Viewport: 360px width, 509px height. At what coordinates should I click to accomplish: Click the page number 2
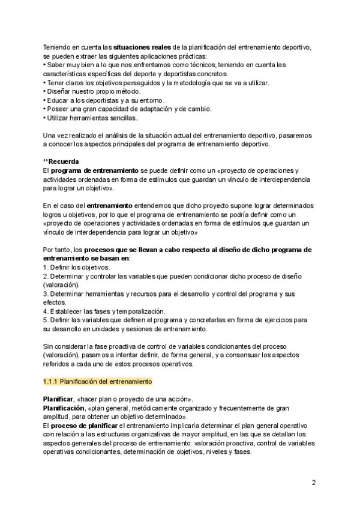pyautogui.click(x=314, y=482)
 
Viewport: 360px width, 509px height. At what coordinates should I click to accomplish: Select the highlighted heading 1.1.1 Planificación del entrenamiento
pyautogui.click(x=97, y=381)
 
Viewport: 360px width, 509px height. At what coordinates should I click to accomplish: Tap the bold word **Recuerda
pyautogui.click(x=62, y=162)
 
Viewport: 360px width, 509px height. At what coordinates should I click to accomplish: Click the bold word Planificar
pyautogui.click(x=58, y=399)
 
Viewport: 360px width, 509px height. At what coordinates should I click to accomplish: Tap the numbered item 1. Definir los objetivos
pyautogui.click(x=76, y=267)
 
